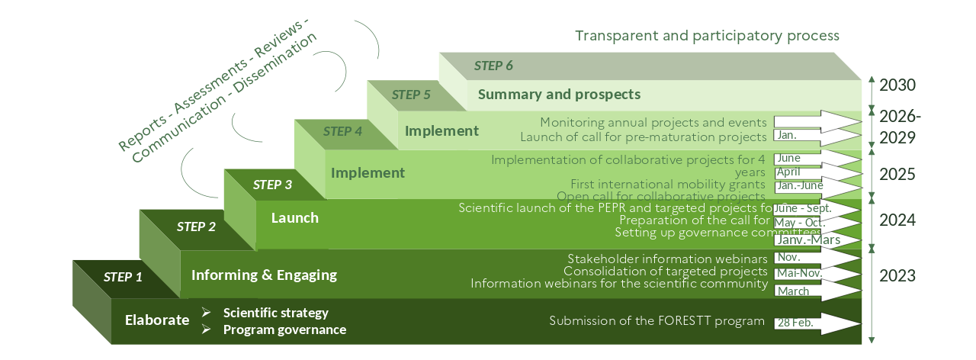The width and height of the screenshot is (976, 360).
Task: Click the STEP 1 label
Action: click(x=123, y=277)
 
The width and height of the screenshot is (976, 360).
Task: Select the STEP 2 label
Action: click(x=196, y=227)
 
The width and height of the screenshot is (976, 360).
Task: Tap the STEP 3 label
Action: click(x=272, y=184)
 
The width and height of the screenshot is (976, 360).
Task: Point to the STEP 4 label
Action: click(x=342, y=130)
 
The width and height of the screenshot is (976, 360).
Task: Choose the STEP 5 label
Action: click(x=412, y=95)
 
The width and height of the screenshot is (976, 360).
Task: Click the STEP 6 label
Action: click(x=493, y=65)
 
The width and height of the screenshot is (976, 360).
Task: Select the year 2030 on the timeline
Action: click(x=897, y=85)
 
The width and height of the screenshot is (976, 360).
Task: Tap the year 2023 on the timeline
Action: click(x=897, y=275)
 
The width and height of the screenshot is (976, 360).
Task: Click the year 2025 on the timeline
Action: click(x=897, y=174)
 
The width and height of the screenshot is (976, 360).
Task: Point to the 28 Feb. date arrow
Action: click(x=816, y=323)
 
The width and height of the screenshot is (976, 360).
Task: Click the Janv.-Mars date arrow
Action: click(x=816, y=239)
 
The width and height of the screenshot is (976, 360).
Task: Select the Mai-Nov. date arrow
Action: click(x=816, y=273)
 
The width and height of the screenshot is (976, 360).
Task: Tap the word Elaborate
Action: click(x=157, y=320)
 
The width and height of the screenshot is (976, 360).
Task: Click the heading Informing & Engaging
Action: click(x=264, y=275)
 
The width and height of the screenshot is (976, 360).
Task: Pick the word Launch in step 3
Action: click(x=295, y=218)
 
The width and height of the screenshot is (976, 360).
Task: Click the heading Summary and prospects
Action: click(x=559, y=95)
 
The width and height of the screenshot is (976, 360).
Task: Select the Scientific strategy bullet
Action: click(x=275, y=313)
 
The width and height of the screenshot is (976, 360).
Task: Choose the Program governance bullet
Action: click(x=284, y=329)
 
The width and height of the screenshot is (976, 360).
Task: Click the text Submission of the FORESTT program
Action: click(x=657, y=321)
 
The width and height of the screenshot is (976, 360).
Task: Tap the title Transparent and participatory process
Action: click(x=707, y=36)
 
